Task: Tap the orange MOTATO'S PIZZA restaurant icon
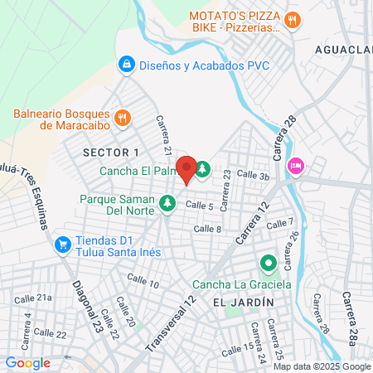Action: [291, 21]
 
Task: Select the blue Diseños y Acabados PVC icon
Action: [126, 63]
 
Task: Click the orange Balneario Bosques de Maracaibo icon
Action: [122, 117]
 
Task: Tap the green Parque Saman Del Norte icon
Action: [167, 202]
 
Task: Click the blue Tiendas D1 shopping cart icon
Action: [62, 245]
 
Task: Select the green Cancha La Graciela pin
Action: [268, 265]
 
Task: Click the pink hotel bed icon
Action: [295, 166]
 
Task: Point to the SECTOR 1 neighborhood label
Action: [111, 152]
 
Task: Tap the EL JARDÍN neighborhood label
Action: [243, 303]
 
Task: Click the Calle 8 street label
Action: [207, 228]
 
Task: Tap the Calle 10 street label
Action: [143, 283]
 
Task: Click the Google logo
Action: [28, 362]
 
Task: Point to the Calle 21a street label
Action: [33, 297]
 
